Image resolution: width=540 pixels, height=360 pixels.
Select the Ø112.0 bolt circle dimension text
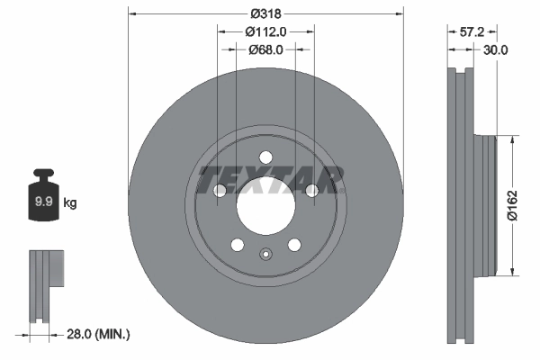(265, 31)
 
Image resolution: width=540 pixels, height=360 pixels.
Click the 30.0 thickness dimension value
(496, 50)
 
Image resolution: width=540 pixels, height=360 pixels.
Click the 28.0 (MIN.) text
(99, 334)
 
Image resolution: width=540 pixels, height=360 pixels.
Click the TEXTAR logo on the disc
(271, 179)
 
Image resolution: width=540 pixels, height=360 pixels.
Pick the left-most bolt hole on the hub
(220, 190)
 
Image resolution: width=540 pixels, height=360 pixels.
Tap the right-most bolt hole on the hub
(311, 190)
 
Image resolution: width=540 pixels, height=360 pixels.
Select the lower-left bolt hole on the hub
(238, 245)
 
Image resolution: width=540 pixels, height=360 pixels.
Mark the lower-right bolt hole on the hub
(293, 245)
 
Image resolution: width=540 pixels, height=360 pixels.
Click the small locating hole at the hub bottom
(265, 254)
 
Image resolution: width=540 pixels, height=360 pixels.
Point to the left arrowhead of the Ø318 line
(133, 13)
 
